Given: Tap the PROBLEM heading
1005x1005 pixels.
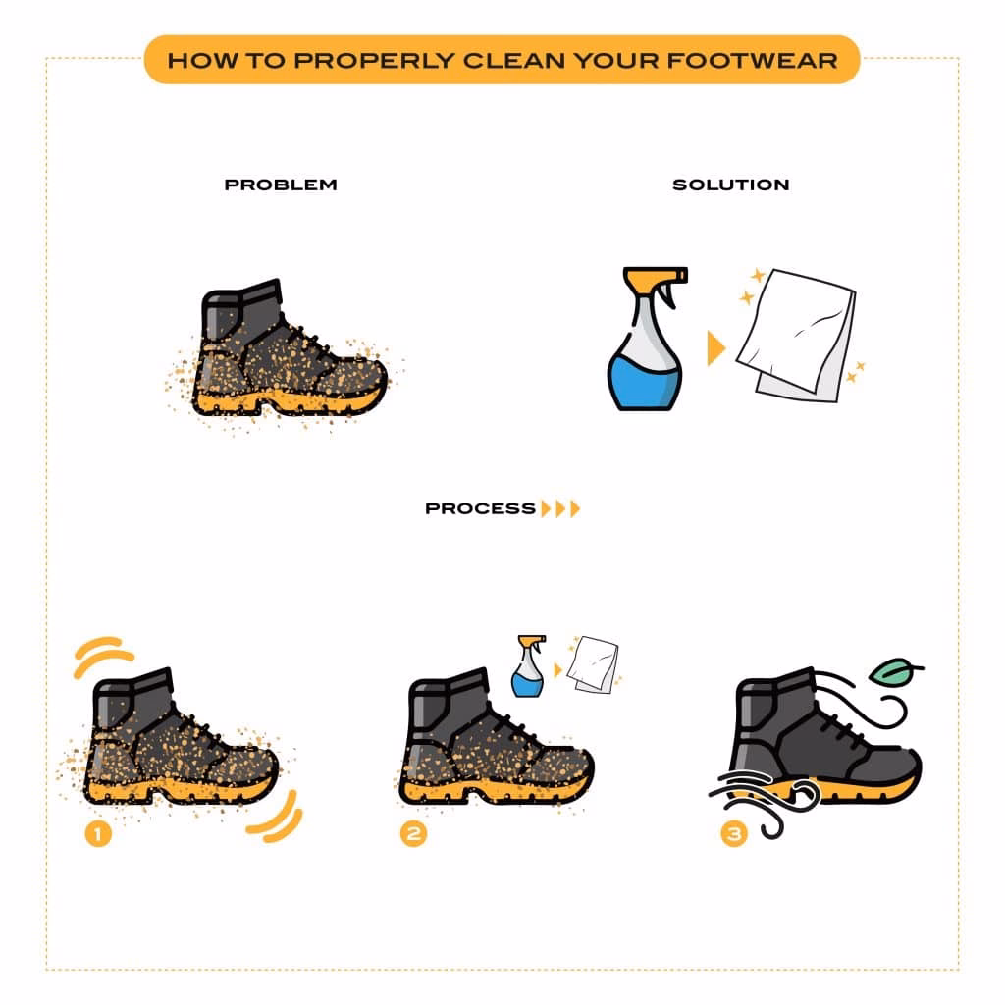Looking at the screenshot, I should [281, 185].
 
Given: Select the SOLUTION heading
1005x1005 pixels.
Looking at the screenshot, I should [730, 185].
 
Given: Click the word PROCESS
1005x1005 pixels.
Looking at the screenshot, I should [480, 508].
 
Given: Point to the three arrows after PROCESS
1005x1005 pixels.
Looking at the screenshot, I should [561, 508].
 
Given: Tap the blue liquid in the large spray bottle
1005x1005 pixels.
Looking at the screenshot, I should [643, 379].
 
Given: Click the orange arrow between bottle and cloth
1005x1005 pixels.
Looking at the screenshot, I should [715, 348].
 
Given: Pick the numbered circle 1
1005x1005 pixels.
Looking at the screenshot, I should [98, 834].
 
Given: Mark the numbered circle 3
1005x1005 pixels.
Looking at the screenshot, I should [732, 834].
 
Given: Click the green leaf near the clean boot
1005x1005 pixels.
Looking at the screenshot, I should [896, 672].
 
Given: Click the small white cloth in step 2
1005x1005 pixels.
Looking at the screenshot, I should [596, 663].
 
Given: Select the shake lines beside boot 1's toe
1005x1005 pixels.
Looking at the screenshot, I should [278, 817].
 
